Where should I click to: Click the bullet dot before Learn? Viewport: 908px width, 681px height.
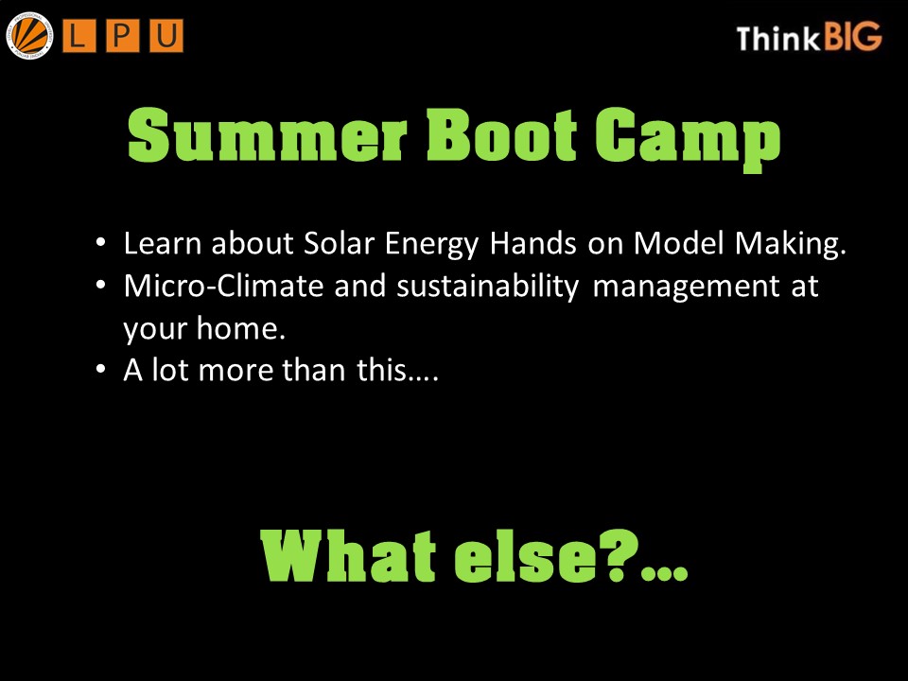(102, 244)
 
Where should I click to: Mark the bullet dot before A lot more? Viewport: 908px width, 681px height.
(102, 370)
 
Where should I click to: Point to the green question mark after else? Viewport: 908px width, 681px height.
(619, 558)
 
